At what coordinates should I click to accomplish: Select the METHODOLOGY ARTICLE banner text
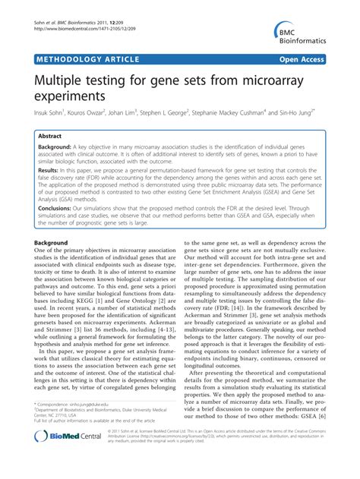tap(87, 58)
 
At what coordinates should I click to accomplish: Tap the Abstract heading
tap(55, 134)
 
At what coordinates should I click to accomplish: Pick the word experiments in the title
tap(81, 96)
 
